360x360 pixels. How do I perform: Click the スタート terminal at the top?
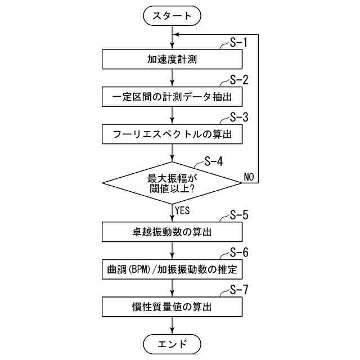pos(172,16)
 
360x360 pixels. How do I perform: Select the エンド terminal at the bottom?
pos(172,343)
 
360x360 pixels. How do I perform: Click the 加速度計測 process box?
pos(172,59)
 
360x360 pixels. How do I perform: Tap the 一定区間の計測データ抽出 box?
pos(172,97)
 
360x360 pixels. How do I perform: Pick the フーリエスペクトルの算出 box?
pos(172,134)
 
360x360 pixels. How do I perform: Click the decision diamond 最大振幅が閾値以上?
pos(172,183)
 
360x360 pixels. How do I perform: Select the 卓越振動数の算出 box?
pos(172,232)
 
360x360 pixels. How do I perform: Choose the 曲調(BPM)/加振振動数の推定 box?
pos(172,269)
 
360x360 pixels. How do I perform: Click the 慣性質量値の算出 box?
pos(172,307)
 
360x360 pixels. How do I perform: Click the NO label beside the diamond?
pos(249,177)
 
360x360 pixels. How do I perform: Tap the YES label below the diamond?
pos(183,210)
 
